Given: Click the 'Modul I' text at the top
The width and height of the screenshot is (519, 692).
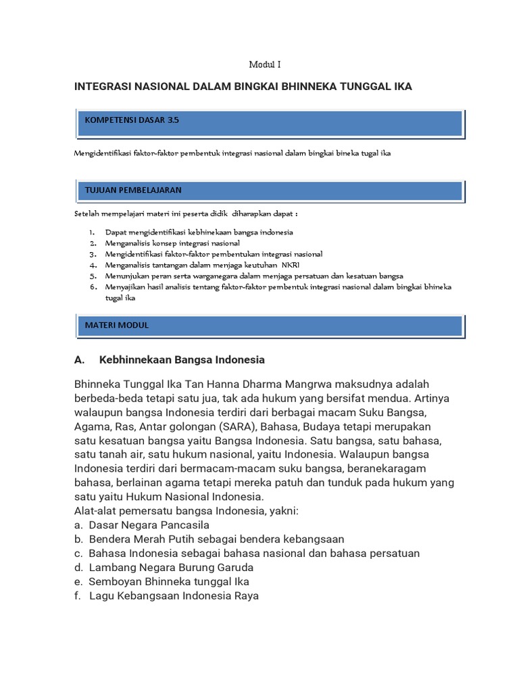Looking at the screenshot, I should point(264,65).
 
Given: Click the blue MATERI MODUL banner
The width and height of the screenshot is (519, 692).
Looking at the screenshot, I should point(269,325).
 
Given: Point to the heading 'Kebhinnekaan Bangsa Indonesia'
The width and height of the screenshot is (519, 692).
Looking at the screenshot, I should point(181,360).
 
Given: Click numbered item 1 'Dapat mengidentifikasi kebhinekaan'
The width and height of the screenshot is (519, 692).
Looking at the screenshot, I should point(199,232).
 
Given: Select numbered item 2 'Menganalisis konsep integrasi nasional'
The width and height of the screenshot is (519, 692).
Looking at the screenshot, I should point(172,243).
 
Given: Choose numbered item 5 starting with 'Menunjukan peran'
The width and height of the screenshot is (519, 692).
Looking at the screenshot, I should point(253,276).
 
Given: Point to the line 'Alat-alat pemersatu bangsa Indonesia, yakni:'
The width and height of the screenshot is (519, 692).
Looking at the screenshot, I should point(186,511).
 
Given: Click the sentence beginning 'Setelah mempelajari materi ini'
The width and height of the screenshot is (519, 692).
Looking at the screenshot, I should point(186,214).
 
